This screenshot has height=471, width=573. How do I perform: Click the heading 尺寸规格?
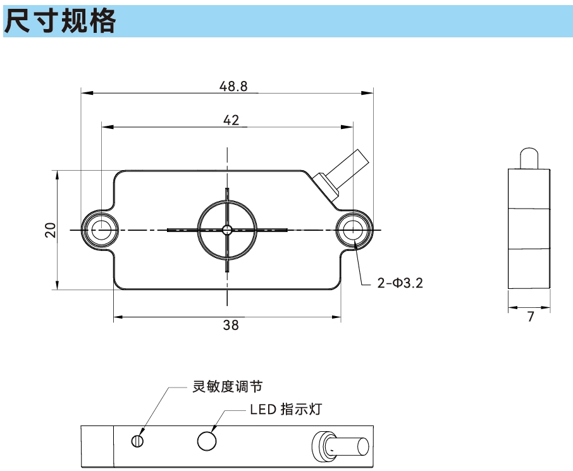click(61, 21)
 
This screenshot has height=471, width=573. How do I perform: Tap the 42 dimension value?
click(231, 120)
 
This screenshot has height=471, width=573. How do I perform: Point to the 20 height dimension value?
click(51, 229)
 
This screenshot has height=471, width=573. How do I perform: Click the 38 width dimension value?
click(231, 326)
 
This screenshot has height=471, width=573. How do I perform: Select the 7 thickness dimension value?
click(531, 317)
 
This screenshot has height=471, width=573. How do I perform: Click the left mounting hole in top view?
click(100, 229)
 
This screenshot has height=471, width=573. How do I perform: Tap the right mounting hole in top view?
click(354, 229)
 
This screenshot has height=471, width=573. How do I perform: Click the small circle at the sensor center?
click(227, 229)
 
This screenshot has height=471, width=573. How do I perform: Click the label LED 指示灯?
click(286, 410)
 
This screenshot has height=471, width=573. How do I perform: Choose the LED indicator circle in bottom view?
click(207, 441)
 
